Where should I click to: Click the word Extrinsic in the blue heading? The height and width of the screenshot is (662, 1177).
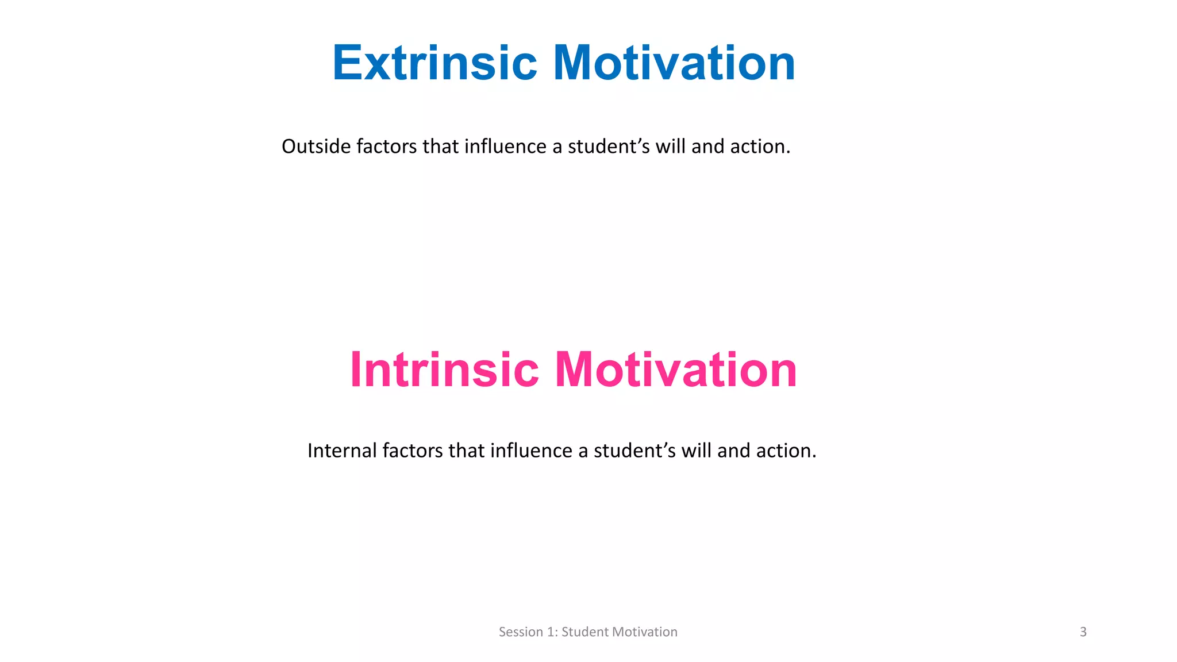434,63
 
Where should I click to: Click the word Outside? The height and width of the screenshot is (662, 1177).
316,147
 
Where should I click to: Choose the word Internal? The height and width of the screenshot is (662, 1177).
342,451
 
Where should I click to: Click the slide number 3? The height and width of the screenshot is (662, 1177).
1083,632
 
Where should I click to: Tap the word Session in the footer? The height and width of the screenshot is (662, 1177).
521,632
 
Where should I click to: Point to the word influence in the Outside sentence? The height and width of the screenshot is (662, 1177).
505,147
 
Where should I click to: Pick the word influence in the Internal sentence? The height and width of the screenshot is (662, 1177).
531,451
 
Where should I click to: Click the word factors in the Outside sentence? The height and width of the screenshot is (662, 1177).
386,147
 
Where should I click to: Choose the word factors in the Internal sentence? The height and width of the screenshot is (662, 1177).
412,451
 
